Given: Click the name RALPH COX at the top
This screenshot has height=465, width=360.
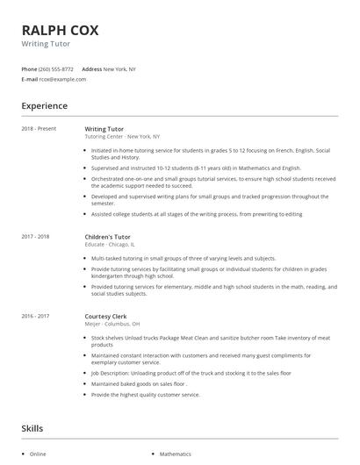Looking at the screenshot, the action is coord(60,30).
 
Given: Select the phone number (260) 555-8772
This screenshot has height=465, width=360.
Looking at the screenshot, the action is coord(56,68).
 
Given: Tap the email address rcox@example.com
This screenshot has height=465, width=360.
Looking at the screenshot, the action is coord(62,79).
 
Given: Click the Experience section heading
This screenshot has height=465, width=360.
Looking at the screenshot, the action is coord(44,106).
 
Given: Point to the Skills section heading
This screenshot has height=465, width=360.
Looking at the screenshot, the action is coord(33,428).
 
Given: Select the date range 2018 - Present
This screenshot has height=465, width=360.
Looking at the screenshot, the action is coord(39,129).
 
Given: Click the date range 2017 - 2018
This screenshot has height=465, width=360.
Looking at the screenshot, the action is coord(36,237).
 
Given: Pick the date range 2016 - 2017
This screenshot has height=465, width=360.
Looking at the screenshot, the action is coord(36,315).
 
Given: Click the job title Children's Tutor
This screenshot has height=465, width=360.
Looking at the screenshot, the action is coord(107,237).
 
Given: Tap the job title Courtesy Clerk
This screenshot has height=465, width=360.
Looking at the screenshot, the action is coord(105,315).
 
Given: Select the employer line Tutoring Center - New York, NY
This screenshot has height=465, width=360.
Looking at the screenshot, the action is coord(122,137).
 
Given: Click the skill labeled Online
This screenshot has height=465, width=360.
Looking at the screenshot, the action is coord(38,454).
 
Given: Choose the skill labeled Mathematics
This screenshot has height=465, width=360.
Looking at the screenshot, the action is coord(174,454).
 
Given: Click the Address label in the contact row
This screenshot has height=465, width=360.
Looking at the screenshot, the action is coord(91,68).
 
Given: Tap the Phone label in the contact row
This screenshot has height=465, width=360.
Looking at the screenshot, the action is coord(29,68).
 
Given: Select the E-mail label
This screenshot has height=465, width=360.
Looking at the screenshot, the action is coord(29,79).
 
